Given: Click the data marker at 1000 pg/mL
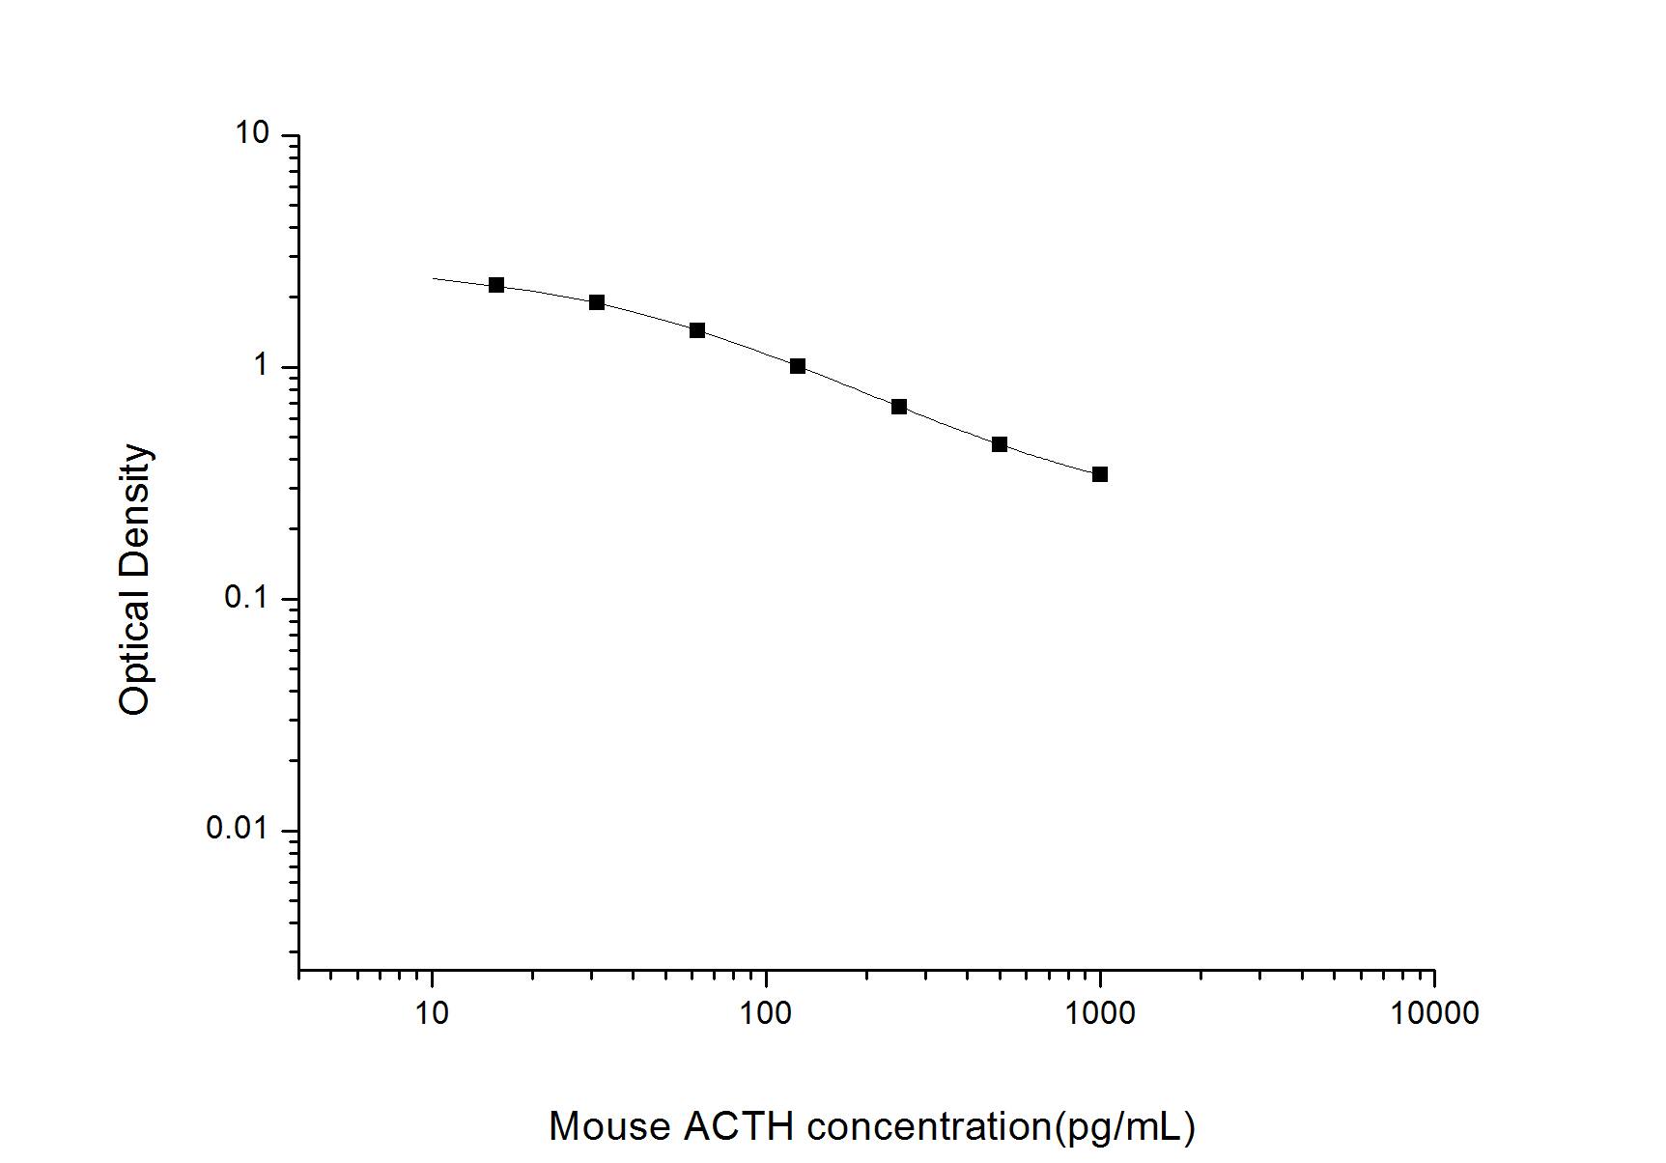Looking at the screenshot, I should pyautogui.click(x=1099, y=474).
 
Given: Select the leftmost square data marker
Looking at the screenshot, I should pyautogui.click(x=496, y=285).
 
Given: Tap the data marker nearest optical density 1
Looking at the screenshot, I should pyautogui.click(x=798, y=366).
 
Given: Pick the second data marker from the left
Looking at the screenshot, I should pyautogui.click(x=597, y=302).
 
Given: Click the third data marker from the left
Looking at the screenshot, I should pyautogui.click(x=697, y=330).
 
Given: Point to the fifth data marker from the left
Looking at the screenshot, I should pyautogui.click(x=899, y=407).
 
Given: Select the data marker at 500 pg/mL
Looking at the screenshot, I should pyautogui.click(x=1000, y=444).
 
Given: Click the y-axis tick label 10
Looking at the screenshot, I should pyautogui.click(x=253, y=134).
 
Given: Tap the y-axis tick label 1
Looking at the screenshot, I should pyautogui.click(x=261, y=366).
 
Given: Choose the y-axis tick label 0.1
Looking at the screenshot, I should pyautogui.click(x=245, y=598).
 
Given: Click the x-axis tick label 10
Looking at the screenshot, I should pyautogui.click(x=432, y=1013).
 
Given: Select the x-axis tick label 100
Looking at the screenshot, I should pyautogui.click(x=766, y=1013).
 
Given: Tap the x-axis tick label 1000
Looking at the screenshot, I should pyautogui.click(x=1100, y=1013).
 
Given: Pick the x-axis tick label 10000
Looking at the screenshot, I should pyautogui.click(x=1434, y=1013).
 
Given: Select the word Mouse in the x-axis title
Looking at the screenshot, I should pyautogui.click(x=609, y=1126).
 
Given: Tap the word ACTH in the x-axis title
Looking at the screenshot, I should pyautogui.click(x=739, y=1126).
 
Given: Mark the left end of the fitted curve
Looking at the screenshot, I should pyautogui.click(x=434, y=278).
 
